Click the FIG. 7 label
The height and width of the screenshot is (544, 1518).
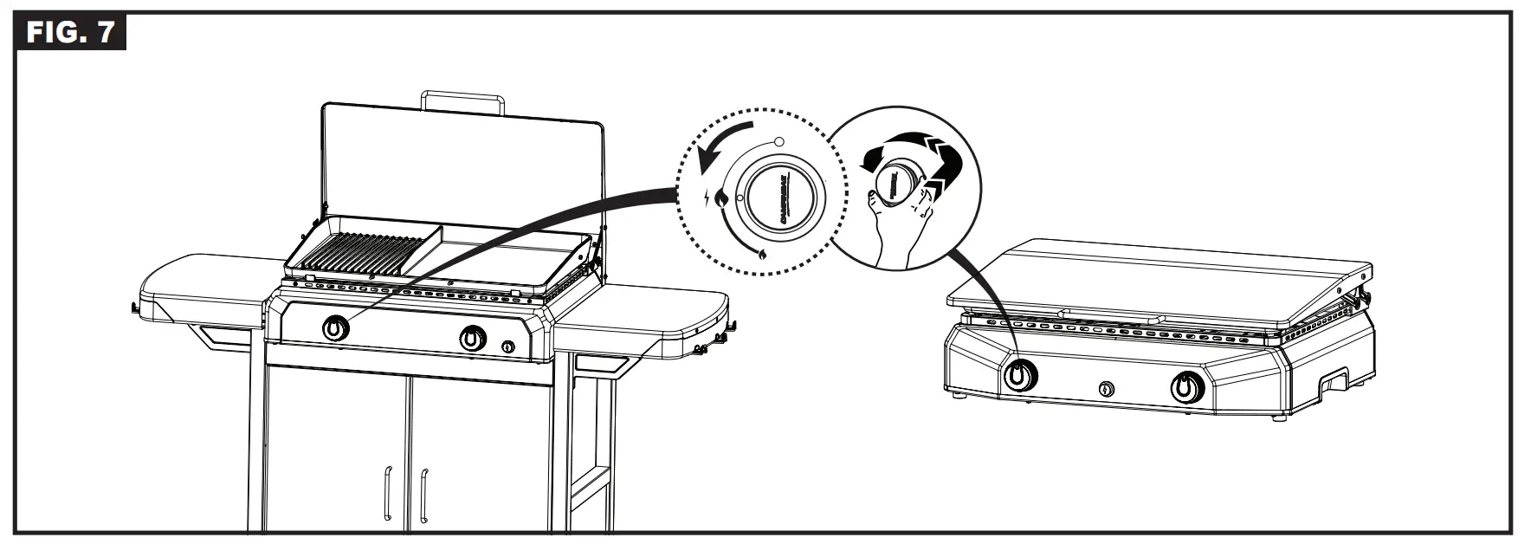tap(70, 33)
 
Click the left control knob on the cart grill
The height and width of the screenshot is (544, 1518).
tap(336, 329)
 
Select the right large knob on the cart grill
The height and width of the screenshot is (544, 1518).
tap(472, 338)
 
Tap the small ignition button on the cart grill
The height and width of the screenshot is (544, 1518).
tap(507, 347)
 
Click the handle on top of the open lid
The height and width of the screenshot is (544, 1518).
tap(462, 99)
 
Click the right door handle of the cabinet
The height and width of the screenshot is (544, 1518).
tap(424, 494)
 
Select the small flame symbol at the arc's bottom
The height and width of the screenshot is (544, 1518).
tap(762, 255)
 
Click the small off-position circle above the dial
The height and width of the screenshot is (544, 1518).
tap(778, 141)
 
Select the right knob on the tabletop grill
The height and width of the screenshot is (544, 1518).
tap(1185, 386)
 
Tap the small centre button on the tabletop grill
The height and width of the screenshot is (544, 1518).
tap(1107, 389)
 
